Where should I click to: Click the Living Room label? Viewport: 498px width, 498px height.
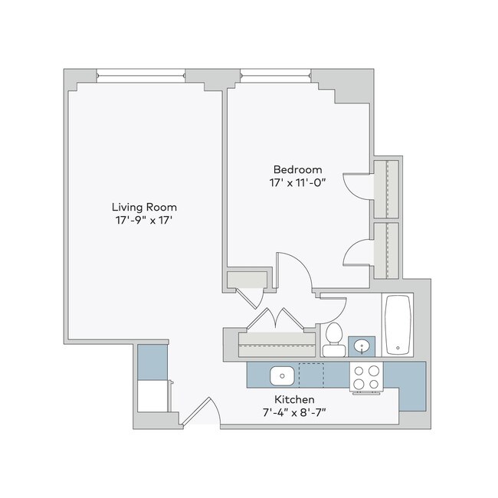[144, 207]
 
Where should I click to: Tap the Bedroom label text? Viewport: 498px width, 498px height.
[298, 169]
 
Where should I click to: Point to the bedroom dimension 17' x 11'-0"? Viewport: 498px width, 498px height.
[298, 184]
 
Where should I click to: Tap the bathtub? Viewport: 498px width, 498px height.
[398, 325]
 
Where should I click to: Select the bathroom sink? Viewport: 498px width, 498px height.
[361, 346]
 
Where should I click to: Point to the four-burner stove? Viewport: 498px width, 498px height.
[366, 375]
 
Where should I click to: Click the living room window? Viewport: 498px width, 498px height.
[141, 75]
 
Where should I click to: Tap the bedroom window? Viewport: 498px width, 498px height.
[275, 75]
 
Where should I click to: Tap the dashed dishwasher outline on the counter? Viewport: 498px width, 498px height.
[311, 375]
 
